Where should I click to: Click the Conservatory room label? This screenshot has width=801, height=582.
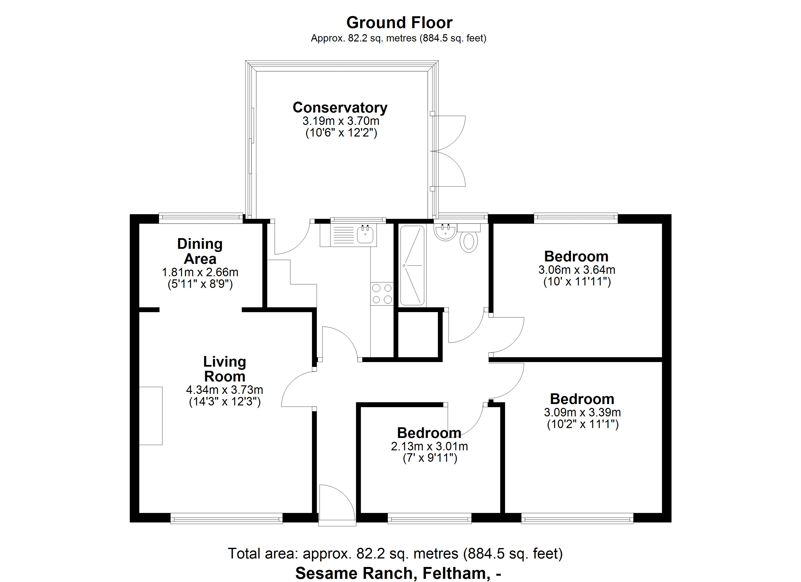point(340,108)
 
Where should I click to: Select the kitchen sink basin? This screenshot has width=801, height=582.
point(365,234)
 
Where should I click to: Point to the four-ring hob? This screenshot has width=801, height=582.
point(382,294)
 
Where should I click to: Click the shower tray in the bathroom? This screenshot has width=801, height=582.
point(412,265)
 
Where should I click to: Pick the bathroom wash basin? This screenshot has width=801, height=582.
point(446,232)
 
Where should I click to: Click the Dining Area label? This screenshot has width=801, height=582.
point(200,251)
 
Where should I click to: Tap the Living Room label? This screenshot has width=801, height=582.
point(225,369)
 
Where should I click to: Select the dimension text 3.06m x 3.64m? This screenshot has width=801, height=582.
point(577,270)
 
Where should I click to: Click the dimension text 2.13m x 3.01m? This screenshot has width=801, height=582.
point(429,446)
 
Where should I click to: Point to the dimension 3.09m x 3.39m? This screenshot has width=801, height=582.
point(582,412)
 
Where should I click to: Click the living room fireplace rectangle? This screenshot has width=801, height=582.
point(151,416)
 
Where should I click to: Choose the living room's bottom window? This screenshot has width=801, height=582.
point(226,518)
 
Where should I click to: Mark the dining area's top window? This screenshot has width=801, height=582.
point(200,218)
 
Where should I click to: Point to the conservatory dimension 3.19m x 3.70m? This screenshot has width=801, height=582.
point(341,121)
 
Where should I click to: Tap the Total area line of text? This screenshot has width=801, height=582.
point(395,553)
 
